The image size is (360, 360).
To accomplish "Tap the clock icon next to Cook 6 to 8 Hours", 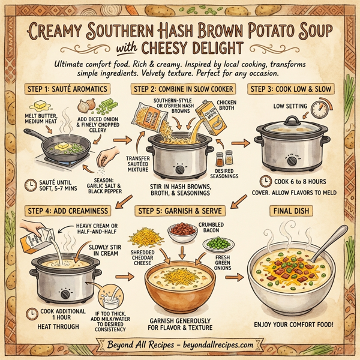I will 265,181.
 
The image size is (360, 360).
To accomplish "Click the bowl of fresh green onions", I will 214,245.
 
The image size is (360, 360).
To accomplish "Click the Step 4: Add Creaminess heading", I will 67,211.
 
